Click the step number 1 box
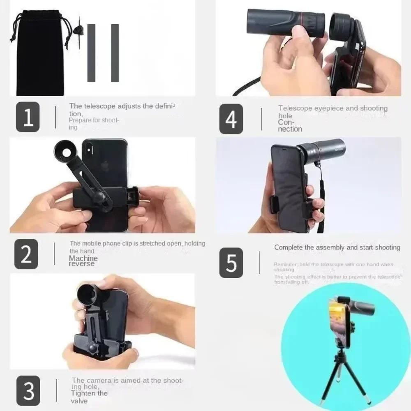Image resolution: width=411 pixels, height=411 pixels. (x=28, y=117)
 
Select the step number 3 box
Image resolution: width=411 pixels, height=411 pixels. (x=28, y=391)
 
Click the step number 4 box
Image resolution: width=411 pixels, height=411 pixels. (x=231, y=119)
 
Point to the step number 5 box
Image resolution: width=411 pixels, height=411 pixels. (x=231, y=263)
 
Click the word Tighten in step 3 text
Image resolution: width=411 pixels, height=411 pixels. (x=83, y=393)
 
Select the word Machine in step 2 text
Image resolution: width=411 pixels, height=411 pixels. (x=83, y=258)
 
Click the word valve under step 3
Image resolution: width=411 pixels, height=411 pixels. (x=79, y=401)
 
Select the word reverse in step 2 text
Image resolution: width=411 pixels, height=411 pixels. (x=81, y=264)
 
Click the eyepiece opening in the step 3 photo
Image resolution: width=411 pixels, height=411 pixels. (x=88, y=295)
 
